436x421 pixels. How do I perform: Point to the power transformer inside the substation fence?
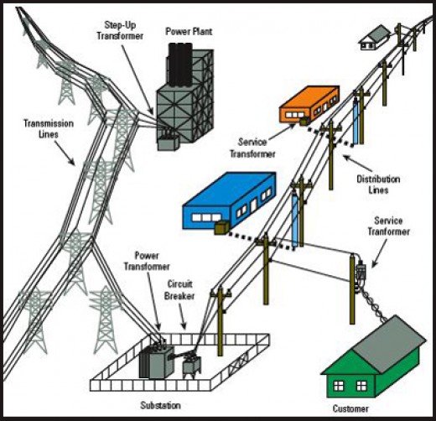[x=153, y=361]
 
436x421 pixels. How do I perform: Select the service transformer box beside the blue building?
[x=223, y=226]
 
